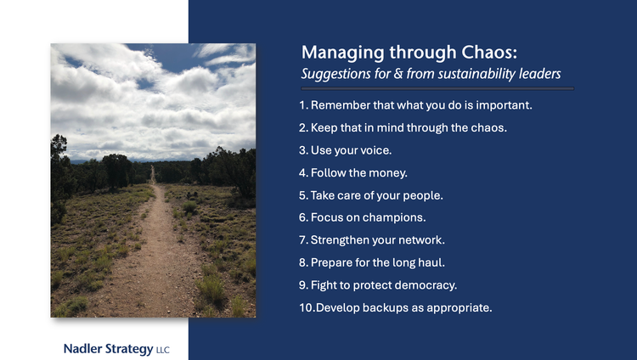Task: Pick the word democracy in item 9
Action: (425, 285)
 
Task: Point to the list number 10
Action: (307, 307)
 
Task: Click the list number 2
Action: (303, 128)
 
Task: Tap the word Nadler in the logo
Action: (83, 349)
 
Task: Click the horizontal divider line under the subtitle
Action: (437, 87)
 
